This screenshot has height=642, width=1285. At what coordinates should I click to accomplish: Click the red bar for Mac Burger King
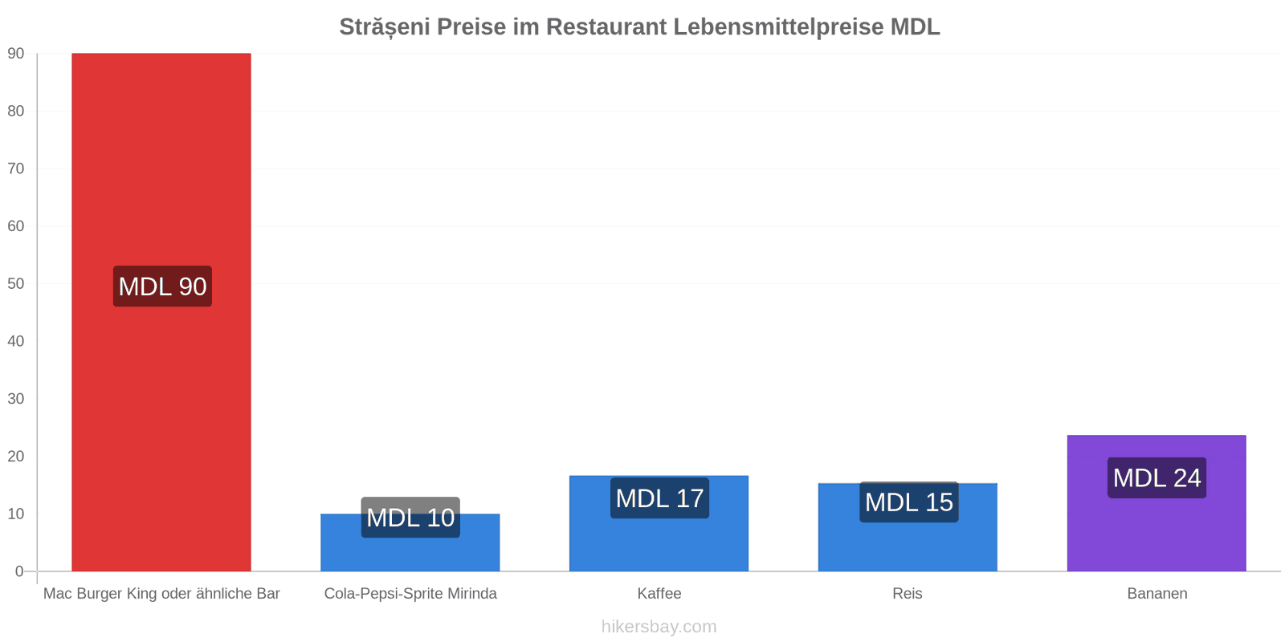click(x=161, y=312)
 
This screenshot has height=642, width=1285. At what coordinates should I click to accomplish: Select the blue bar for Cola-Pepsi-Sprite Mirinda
click(x=410, y=542)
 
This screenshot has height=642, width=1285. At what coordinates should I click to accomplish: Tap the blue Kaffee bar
click(x=659, y=523)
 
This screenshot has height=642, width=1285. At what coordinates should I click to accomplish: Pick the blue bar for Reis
click(x=908, y=527)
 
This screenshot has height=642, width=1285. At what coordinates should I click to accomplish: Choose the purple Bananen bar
click(x=1156, y=503)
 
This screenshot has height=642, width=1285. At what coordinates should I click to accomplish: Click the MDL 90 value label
click(x=162, y=286)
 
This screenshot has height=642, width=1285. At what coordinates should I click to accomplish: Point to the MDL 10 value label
click(x=410, y=517)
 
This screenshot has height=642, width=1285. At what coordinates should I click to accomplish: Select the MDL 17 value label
click(x=659, y=498)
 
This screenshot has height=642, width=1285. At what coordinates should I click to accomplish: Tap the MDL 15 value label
click(x=908, y=502)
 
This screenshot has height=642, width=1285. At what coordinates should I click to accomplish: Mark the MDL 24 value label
click(x=1157, y=477)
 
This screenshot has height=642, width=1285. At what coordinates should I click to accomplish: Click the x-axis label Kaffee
click(x=659, y=593)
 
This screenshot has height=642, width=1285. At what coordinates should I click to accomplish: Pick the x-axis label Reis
click(x=908, y=593)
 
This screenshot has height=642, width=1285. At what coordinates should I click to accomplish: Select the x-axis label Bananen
click(x=1157, y=593)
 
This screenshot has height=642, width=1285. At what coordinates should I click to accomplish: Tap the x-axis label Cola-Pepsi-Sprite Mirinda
click(x=410, y=593)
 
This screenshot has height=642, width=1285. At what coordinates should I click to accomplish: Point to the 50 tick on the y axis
click(x=16, y=284)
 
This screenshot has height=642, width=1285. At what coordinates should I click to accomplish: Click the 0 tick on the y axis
click(x=19, y=571)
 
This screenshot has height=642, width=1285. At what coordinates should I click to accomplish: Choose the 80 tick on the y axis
click(x=16, y=112)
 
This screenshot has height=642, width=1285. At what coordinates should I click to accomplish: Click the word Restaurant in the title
click(x=606, y=27)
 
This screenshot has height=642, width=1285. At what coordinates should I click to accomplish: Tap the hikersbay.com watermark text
click(x=659, y=627)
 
